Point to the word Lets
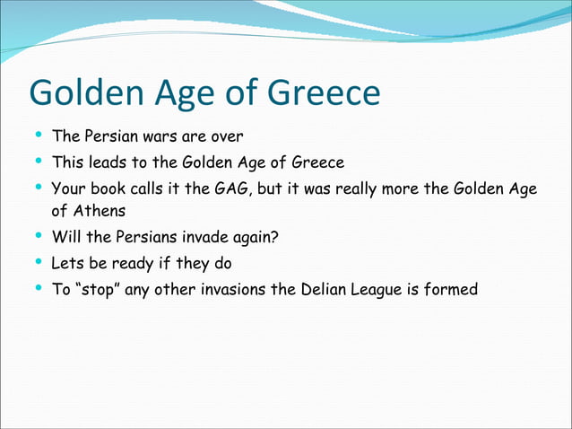point(67,264)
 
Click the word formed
point(454,289)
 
